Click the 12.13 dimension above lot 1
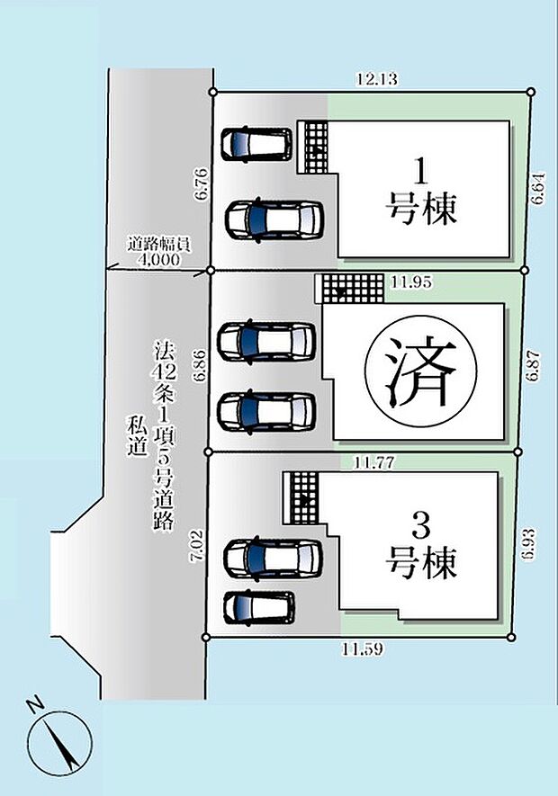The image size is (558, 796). pos(371,79)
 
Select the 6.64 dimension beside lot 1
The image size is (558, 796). pos(537,189)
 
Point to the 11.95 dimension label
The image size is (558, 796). pos(412,282)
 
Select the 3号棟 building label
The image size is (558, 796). pos(421,548)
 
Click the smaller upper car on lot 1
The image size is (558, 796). pos(257,143)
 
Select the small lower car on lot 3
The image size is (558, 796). pos(259,606)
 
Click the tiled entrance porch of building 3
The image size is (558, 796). pos(303,497)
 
